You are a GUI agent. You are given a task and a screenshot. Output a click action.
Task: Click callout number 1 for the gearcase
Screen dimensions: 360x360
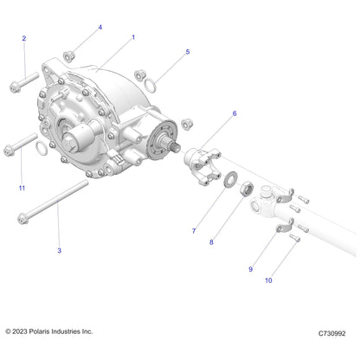pyautogui.click(x=132, y=38)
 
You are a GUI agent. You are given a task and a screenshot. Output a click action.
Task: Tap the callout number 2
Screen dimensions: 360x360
pyautogui.click(x=23, y=38)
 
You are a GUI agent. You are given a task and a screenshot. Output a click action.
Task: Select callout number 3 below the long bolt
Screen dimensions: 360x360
pyautogui.click(x=58, y=250)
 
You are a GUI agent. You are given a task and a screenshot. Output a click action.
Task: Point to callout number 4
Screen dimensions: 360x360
pyautogui.click(x=100, y=28)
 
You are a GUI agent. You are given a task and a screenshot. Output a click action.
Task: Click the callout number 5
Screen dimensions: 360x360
pyautogui.click(x=187, y=53)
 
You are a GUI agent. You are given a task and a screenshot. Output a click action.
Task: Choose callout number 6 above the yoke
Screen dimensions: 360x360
pyautogui.click(x=234, y=113)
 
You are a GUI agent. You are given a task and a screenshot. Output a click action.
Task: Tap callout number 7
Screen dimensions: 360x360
pyautogui.click(x=194, y=231)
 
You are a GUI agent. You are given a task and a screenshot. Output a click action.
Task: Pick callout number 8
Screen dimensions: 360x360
pyautogui.click(x=211, y=243)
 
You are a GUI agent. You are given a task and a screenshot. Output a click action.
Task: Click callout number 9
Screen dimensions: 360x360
pyautogui.click(x=251, y=269)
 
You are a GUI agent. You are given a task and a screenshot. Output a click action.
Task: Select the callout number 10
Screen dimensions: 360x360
pyautogui.click(x=268, y=280)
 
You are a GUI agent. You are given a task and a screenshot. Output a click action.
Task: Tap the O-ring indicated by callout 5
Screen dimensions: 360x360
pyautogui.click(x=151, y=84)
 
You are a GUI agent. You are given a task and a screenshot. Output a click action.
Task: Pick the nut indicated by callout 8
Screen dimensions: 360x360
pyautogui.click(x=247, y=185)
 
